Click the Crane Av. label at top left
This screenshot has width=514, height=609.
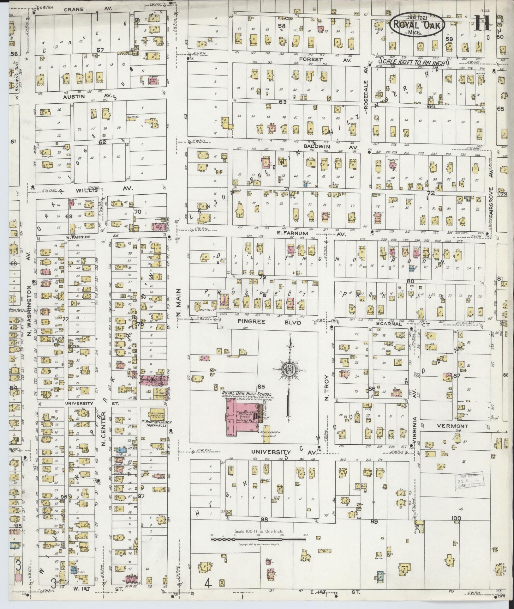click(87, 9)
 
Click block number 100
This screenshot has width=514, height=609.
click(456, 518)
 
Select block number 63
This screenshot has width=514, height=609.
click(282, 102)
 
